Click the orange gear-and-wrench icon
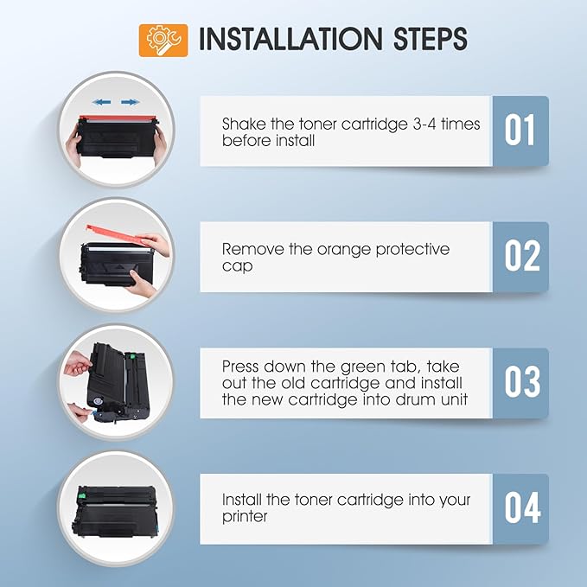[x=163, y=40]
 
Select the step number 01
[x=520, y=131]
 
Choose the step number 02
[x=520, y=257]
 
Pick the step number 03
[x=520, y=383]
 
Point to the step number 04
[x=520, y=508]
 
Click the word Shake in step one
[x=243, y=124]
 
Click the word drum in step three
[x=413, y=399]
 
